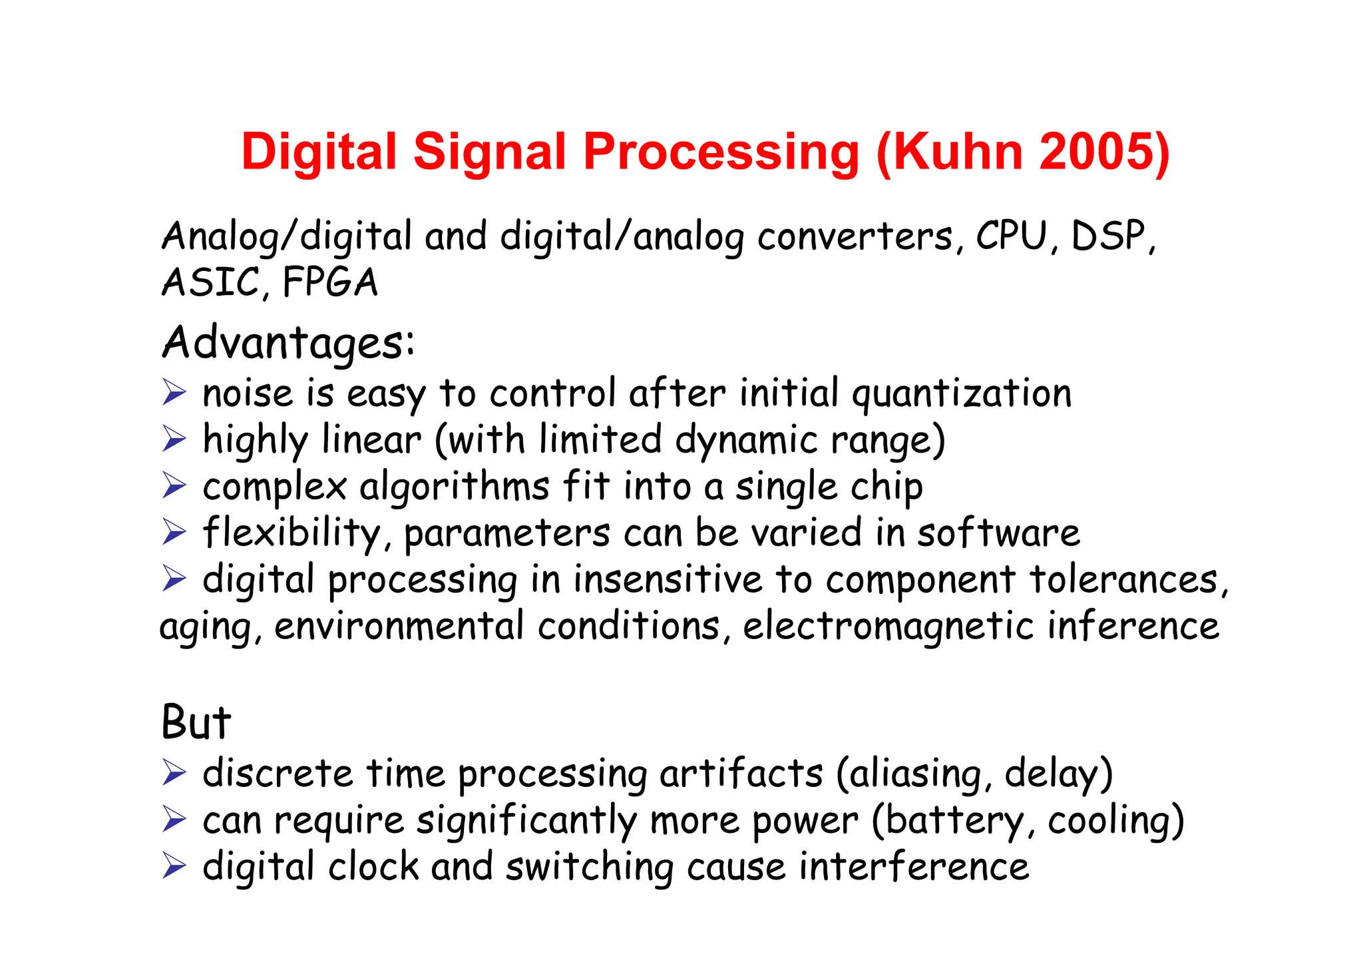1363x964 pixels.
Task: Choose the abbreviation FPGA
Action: (x=330, y=282)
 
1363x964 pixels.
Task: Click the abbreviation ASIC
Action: (x=210, y=282)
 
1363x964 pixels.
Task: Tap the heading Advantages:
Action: (x=288, y=344)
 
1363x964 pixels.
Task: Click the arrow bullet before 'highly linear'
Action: (x=174, y=439)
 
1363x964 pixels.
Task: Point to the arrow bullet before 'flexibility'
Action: (x=174, y=532)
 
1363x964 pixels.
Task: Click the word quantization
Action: (x=962, y=394)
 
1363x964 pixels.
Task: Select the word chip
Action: (x=886, y=487)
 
